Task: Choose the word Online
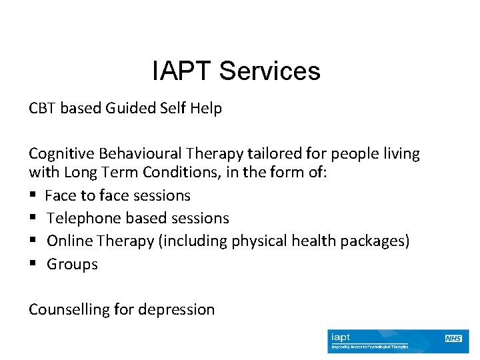tap(69, 241)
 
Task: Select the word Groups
tap(72, 264)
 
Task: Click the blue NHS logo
tap(453, 339)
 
